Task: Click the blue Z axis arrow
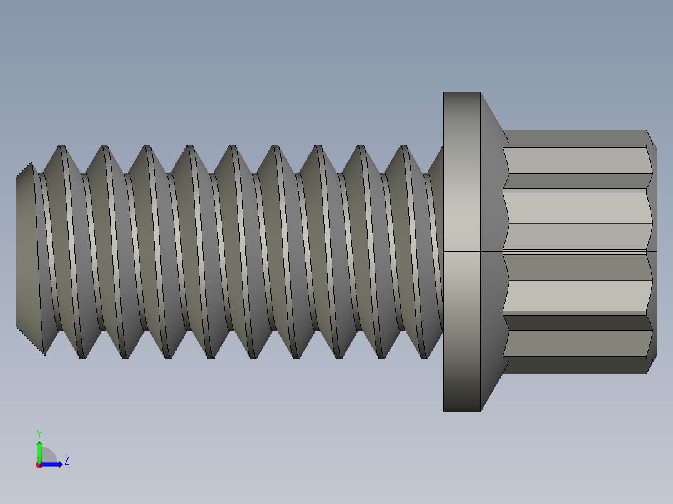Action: [53, 463]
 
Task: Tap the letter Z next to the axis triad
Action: [66, 461]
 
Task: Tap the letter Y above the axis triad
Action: [39, 433]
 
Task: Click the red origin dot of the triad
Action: [39, 465]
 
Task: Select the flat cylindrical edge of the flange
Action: [461, 250]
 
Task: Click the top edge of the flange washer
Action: [462, 93]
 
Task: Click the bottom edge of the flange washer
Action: [462, 410]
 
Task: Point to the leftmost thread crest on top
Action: [62, 147]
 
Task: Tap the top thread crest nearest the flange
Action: [403, 147]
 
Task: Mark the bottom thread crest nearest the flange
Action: [423, 357]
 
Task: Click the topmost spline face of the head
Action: [574, 137]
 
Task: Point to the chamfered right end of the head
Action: [653, 250]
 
